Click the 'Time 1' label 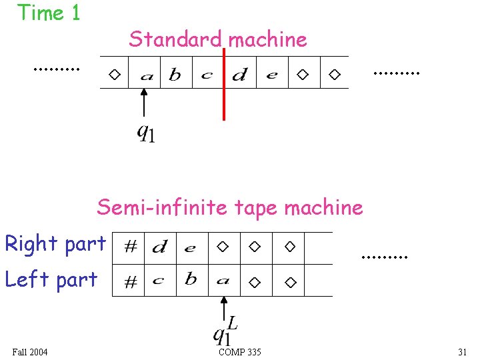click(x=49, y=13)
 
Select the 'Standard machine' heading click(x=218, y=39)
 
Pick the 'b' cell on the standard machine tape click(x=175, y=75)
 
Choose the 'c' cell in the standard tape click(x=207, y=75)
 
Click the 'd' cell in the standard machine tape click(x=239, y=75)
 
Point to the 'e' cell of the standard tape click(x=271, y=75)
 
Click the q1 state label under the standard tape click(x=146, y=133)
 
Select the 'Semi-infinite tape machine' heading click(x=230, y=207)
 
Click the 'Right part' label click(x=55, y=244)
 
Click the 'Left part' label click(x=51, y=279)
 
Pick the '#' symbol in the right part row click(x=131, y=247)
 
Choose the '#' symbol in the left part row click(x=131, y=282)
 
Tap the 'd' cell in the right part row click(x=160, y=248)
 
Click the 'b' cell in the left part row click(x=191, y=279)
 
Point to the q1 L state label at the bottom click(x=225, y=329)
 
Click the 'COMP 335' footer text click(x=239, y=352)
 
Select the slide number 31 click(x=462, y=352)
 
